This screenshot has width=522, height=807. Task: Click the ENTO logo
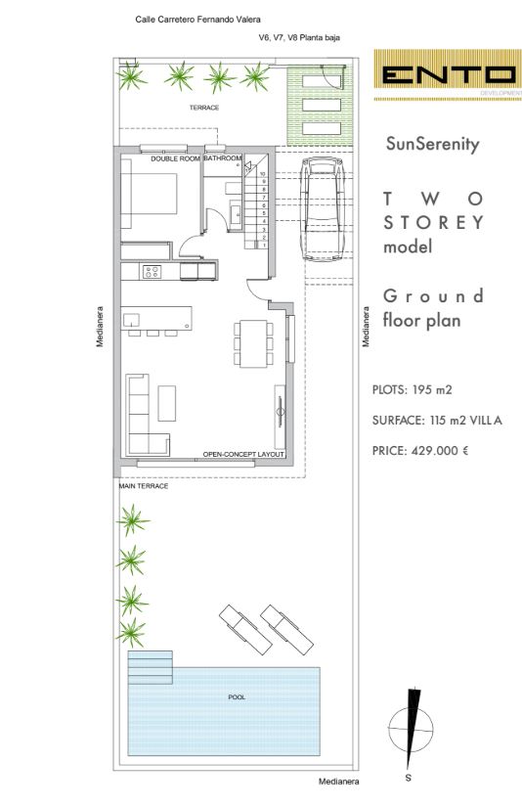point(448,75)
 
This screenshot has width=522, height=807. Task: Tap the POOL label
point(237,696)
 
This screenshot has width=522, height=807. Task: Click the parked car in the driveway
point(323,209)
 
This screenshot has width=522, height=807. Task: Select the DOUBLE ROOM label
point(175,158)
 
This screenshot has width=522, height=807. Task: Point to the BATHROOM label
point(223,158)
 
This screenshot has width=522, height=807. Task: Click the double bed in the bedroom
point(150,194)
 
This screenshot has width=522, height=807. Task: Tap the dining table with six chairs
point(253,343)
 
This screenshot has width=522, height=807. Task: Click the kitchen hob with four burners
point(152,271)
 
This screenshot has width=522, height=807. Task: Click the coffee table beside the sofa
point(166,403)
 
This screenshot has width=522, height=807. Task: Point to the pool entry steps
point(151,667)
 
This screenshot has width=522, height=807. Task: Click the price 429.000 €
point(440,451)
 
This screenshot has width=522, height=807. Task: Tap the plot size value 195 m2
point(432,389)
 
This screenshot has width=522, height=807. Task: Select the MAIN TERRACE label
point(144,486)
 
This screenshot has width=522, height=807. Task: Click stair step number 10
point(263,174)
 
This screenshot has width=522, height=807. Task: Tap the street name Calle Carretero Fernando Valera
point(198,20)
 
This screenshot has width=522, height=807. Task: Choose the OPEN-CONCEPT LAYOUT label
point(243,455)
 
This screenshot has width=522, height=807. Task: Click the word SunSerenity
point(432,144)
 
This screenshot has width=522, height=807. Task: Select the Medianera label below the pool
point(339,782)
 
